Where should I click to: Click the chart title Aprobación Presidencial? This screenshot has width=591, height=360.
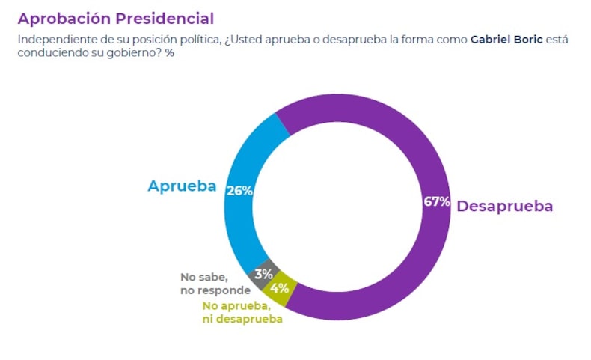coord(115,19)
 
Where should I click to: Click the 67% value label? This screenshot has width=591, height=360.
coord(436,202)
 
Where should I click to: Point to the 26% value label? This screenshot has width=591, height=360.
coord(239,190)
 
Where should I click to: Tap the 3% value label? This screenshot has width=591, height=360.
coord(263,274)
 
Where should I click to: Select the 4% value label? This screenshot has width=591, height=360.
coord(281,288)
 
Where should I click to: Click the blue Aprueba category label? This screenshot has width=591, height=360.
coord(182,186)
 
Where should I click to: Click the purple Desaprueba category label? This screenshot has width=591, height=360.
coord(505,206)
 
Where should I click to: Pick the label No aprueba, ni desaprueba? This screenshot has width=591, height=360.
coord(242,312)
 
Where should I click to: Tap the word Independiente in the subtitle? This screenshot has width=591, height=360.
coord(55,39)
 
